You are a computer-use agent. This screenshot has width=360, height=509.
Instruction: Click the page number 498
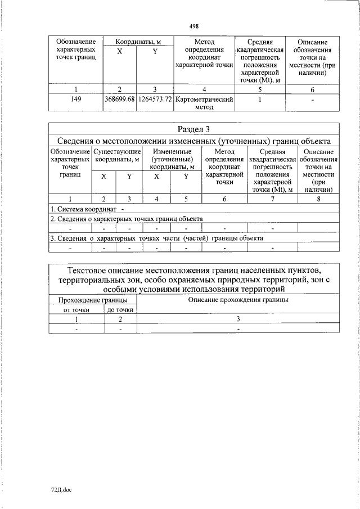[194, 26]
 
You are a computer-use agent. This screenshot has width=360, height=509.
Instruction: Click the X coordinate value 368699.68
[119, 99]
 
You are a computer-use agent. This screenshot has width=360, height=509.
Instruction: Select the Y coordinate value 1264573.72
[154, 99]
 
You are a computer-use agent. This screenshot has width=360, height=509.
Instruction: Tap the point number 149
[76, 99]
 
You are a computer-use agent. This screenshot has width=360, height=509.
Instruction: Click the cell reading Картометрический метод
[204, 103]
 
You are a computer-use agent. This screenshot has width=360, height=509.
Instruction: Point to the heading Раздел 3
[193, 129]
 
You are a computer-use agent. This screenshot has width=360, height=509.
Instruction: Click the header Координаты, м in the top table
[138, 42]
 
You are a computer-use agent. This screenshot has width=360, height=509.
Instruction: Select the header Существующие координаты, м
[117, 156]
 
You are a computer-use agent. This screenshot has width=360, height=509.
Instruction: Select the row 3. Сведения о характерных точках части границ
[156, 238]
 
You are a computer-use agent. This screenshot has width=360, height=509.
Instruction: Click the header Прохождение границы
[93, 300]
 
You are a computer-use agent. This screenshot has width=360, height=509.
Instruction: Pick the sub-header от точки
[76, 309]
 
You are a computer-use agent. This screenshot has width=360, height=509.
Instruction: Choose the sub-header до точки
[120, 309]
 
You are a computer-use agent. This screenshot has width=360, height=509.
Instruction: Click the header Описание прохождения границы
[238, 300]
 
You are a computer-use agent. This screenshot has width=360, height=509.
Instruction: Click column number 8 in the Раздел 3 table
[318, 199]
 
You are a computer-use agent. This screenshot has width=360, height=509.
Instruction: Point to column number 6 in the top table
[312, 89]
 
